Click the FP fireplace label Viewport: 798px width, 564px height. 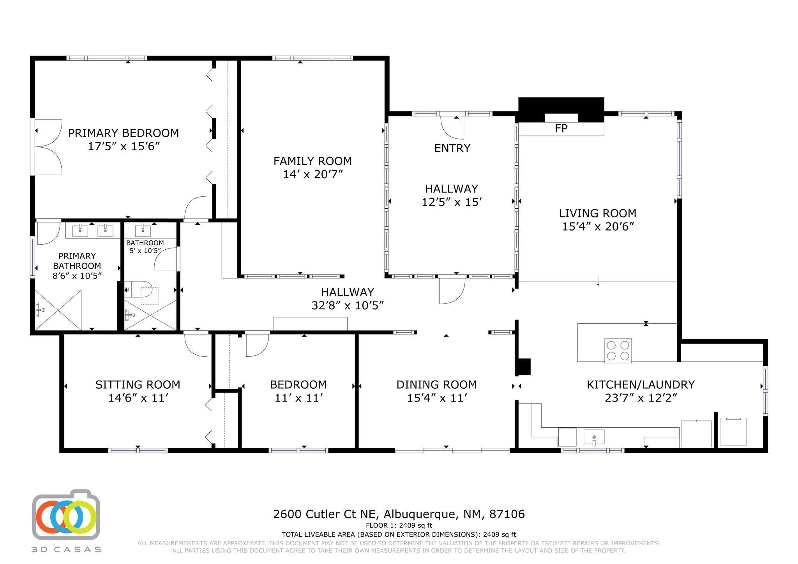pos(561,129)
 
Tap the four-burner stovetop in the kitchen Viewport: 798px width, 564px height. pos(618,351)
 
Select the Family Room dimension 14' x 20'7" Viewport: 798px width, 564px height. pos(312,174)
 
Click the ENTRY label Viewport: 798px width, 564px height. pos(452,148)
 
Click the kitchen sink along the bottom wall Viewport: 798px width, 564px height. pos(594,437)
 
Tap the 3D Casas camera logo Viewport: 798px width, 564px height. pos(66,515)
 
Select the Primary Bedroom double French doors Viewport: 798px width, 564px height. pos(49,146)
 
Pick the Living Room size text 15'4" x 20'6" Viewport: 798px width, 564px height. pos(598,227)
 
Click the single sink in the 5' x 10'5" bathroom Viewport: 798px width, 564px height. pos(143,231)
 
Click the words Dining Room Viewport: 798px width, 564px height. pos(436,385)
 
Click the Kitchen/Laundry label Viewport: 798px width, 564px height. pos(641,385)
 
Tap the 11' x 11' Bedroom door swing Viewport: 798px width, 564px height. pos(257,345)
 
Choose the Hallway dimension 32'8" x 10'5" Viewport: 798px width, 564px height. pos(348,305)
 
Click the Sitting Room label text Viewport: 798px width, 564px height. pos(138,385)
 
